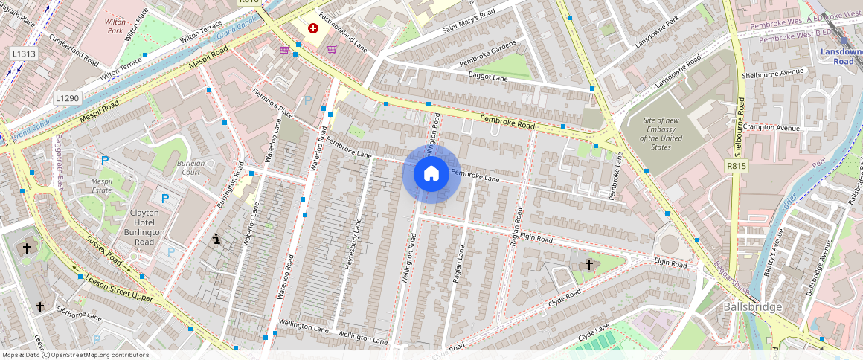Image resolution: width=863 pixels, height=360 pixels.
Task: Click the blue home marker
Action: click(x=431, y=174)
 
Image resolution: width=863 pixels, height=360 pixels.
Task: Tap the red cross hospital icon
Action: click(x=313, y=28)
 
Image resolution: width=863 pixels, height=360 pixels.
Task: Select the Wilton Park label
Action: click(x=115, y=27)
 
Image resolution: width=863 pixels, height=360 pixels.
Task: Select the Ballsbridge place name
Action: click(x=753, y=307)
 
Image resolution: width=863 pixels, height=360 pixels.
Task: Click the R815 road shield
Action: click(x=737, y=168)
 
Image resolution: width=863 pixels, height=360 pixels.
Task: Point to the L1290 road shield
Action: click(x=67, y=98)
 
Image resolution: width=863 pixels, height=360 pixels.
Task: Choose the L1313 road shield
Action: click(x=25, y=54)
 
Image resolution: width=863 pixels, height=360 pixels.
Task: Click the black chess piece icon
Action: click(x=216, y=239)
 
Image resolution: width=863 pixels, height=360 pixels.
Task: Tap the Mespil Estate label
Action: click(x=101, y=186)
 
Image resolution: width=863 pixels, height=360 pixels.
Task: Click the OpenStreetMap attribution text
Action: click(x=75, y=355)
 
